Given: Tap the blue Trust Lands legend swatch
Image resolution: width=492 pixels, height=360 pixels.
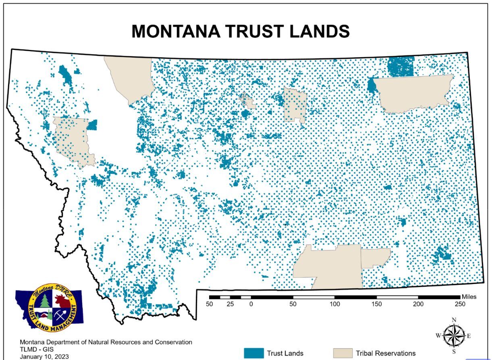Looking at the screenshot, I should coord(254,353).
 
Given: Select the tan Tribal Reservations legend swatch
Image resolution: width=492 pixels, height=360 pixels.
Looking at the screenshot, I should coord(343,353).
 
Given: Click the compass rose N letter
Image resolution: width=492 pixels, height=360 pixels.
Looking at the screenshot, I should coord(454,320).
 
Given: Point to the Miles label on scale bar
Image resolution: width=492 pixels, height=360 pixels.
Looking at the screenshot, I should coord(469,297).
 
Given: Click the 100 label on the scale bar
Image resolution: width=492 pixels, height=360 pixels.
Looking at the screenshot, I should coord(334,304).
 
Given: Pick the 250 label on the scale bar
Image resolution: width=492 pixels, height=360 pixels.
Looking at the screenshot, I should coord(460,304).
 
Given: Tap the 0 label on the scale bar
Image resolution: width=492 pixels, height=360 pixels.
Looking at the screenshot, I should coord(251,304).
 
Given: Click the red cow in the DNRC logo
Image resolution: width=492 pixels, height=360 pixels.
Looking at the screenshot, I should coord(62,300).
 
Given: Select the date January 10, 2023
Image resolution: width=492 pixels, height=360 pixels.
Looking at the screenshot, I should coord(44,356).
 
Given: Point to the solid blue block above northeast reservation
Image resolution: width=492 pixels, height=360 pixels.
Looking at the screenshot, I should coord(401,67).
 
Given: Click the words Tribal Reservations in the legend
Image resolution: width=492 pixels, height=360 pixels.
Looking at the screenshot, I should coord(386,354).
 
